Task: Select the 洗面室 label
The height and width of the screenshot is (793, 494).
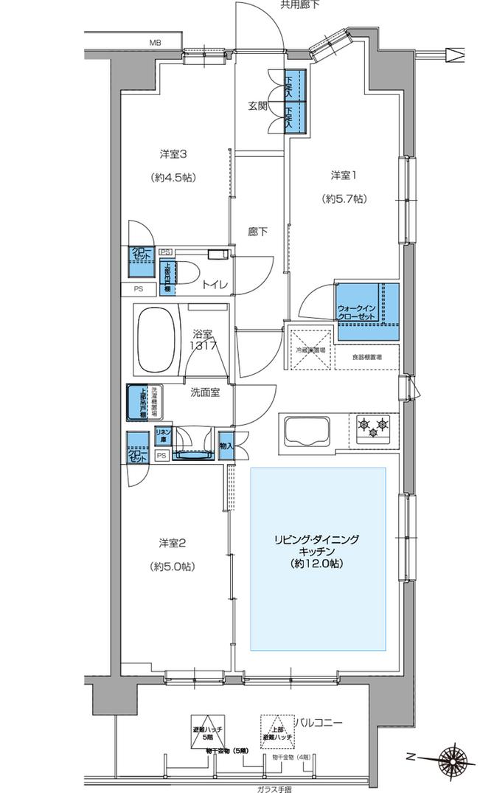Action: tap(204, 392)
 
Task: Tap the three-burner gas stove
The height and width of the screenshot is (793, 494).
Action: tap(372, 426)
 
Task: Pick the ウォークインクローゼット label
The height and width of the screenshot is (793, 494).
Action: tap(358, 311)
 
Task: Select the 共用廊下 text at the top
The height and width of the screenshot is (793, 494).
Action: tap(298, 5)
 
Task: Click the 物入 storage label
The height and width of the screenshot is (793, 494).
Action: tap(227, 446)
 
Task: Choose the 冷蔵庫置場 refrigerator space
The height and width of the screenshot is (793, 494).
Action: tap(311, 350)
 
